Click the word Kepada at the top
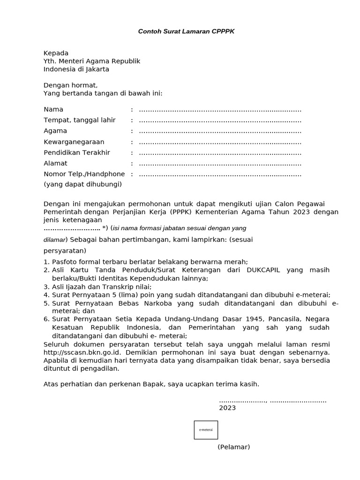pyautogui.click(x=56, y=53)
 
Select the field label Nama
pyautogui.click(x=53, y=109)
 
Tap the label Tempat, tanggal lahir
pyautogui.click(x=79, y=120)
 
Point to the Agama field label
pyautogui.click(x=55, y=131)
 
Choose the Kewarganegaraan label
pyautogui.click(x=74, y=142)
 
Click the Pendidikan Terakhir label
pyautogui.click(x=77, y=152)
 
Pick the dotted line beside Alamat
pyautogui.click(x=220, y=164)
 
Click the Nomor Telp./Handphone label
pyautogui.click(x=84, y=174)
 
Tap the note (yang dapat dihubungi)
pyautogui.click(x=82, y=184)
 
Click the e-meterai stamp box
pyautogui.click(x=206, y=430)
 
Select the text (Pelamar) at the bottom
pyautogui.click(x=233, y=447)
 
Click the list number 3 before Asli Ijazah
pyautogui.click(x=46, y=286)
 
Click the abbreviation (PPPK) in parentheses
pyautogui.click(x=173, y=212)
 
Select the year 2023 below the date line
pyautogui.click(x=227, y=408)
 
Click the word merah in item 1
pyautogui.click(x=237, y=262)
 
